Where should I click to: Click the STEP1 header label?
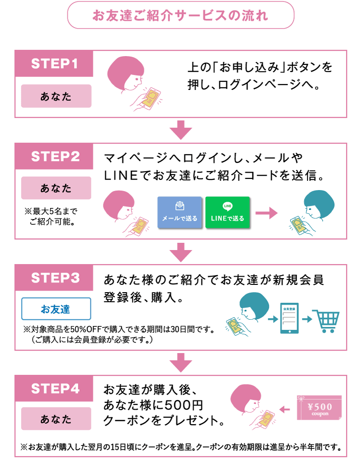tap(55, 64)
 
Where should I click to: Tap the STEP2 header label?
tap(55, 157)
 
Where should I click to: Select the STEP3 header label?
tap(55, 278)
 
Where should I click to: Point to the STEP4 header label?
tap(55, 389)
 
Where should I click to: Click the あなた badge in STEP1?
tap(56, 96)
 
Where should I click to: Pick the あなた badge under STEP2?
tap(56, 188)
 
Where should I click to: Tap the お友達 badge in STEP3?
tap(56, 309)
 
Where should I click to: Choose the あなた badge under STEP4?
tap(56, 419)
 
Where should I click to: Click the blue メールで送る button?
tap(179, 212)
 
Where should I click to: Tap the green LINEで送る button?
tap(227, 212)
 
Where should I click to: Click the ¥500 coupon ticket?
tap(320, 408)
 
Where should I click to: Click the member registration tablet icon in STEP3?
tap(290, 318)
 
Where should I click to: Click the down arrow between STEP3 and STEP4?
tap(181, 363)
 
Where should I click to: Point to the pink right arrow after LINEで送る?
tap(266, 213)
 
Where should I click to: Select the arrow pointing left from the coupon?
tap(285, 410)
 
